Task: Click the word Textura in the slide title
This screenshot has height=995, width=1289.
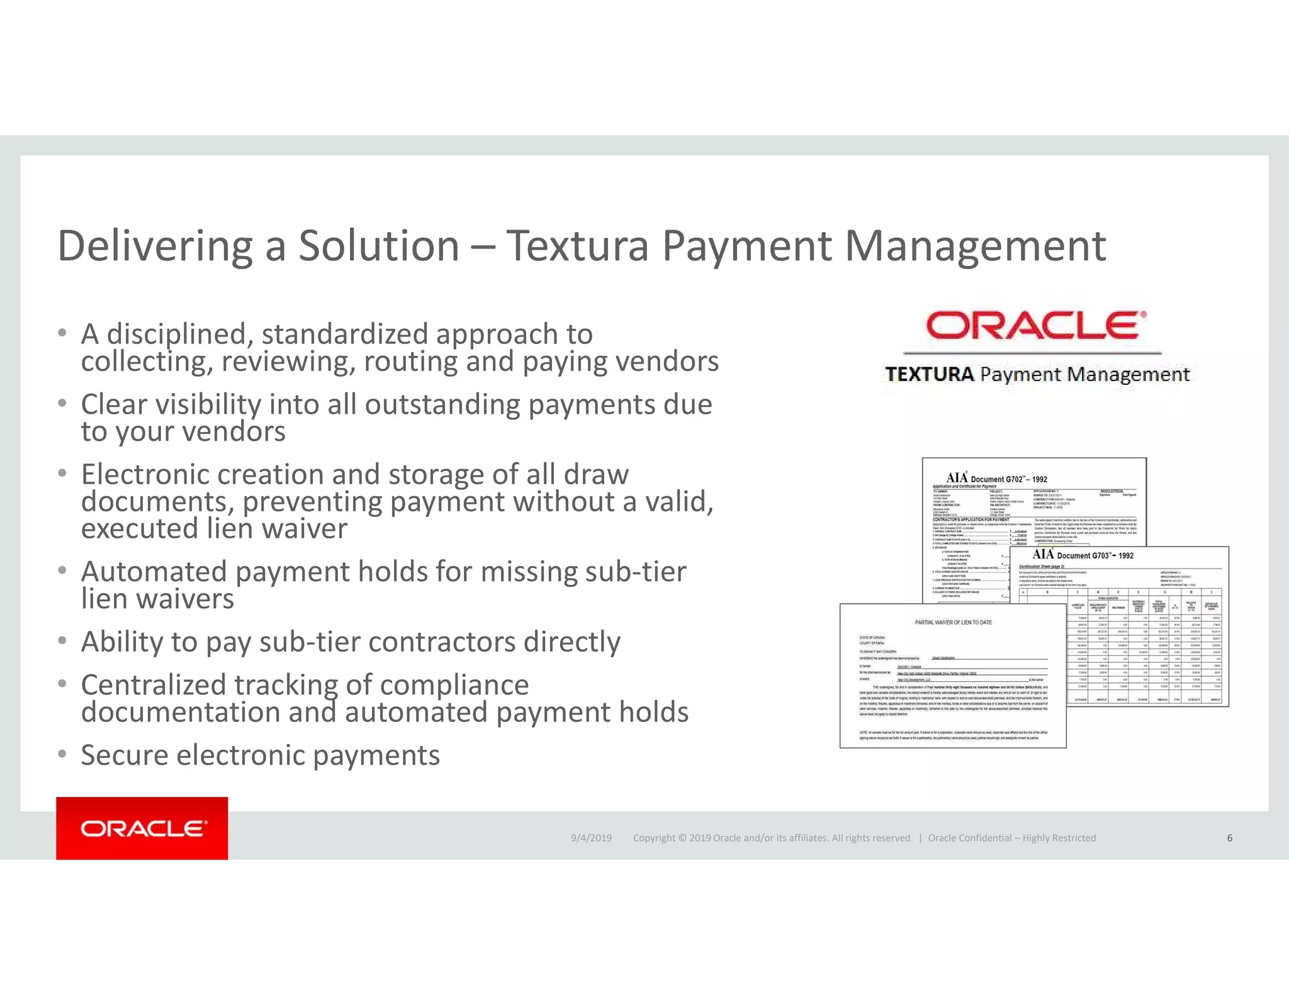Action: tap(577, 246)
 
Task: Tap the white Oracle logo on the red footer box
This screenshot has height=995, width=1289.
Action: tap(143, 828)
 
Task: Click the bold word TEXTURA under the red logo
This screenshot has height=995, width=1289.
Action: tap(929, 375)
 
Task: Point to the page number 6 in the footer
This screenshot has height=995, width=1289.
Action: tap(1229, 838)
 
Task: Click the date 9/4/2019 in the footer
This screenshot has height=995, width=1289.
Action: tap(591, 838)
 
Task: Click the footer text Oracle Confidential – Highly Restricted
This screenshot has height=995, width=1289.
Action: tap(1011, 838)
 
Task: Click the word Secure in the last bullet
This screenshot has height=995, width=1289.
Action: tap(124, 755)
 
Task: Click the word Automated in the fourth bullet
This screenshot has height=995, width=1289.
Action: tap(154, 572)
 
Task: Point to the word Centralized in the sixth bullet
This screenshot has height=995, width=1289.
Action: tap(153, 685)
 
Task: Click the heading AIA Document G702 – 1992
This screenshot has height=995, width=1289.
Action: tap(996, 479)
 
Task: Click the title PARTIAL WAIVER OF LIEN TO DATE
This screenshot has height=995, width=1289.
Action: tap(953, 622)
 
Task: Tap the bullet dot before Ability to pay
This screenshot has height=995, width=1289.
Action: tap(62, 640)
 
